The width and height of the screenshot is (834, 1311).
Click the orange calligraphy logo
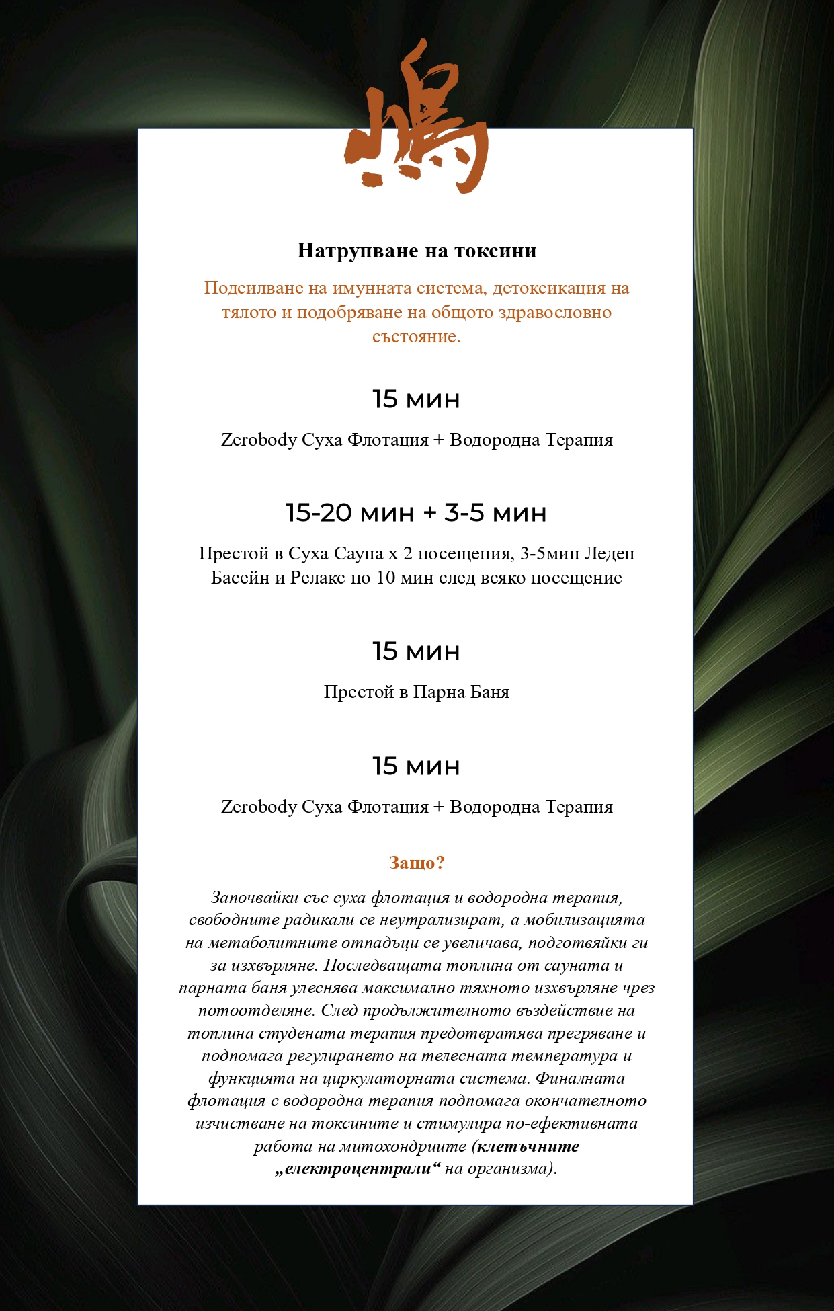[417, 121]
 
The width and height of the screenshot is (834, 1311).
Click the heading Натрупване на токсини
[417, 251]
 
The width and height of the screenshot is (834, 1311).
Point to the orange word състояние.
[417, 337]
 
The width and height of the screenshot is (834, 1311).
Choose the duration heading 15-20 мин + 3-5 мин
[417, 513]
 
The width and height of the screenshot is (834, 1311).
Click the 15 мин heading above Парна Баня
[417, 651]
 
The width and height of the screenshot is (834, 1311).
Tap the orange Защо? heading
[417, 863]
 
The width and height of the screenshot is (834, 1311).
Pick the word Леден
[610, 553]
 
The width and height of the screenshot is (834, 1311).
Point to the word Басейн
[240, 578]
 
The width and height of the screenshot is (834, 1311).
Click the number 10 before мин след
[385, 578]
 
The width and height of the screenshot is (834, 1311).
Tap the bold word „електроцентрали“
[358, 1168]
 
